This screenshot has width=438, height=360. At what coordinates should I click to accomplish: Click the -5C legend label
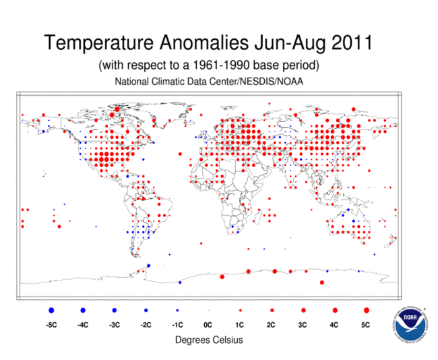51,324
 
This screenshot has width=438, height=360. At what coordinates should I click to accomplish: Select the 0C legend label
208,324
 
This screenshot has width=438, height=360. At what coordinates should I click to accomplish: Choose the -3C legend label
114,324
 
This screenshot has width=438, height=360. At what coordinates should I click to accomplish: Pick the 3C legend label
303,324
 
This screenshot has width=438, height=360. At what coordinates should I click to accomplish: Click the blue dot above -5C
51,310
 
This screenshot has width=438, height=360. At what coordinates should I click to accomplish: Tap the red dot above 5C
367,310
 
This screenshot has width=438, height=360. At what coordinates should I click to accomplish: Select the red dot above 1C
240,310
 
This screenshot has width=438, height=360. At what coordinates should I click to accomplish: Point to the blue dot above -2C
146,310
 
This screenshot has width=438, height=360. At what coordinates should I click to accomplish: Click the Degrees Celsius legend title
209,340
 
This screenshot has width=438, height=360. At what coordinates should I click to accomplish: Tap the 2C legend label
272,324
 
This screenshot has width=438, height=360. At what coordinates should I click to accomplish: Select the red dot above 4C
335,310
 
